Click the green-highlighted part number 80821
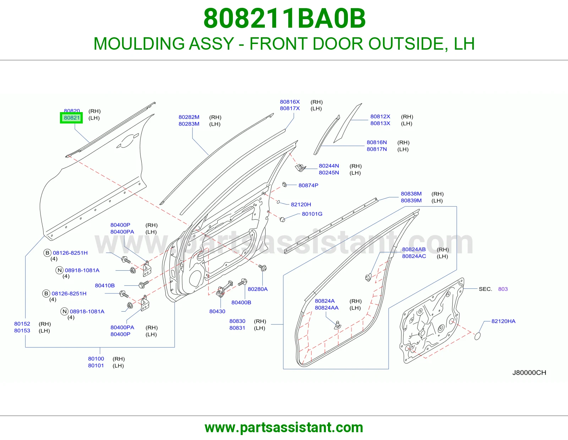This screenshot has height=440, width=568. point(72,118)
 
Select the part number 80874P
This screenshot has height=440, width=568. point(308,185)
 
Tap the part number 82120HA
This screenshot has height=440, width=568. point(503,321)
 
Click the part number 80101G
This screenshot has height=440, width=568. point(312,214)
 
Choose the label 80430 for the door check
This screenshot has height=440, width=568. point(217,311)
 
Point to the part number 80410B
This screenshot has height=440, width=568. point(105,286)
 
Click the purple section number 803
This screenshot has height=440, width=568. point(503,289)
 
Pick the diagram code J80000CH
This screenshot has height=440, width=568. point(529,373)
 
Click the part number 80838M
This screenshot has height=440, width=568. point(411,194)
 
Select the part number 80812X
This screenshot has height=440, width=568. point(380,116)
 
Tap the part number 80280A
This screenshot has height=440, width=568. point(258,289)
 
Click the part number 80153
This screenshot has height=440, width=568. point(22,330)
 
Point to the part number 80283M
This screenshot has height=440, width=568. point(189,124)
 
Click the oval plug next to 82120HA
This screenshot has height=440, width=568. point(477,336)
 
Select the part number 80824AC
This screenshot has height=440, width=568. point(414,256)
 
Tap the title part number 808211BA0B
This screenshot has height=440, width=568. point(284,18)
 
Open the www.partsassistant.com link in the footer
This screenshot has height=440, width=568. point(284,428)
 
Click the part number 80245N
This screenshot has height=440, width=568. point(329,172)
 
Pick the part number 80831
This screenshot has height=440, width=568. point(237,328)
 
